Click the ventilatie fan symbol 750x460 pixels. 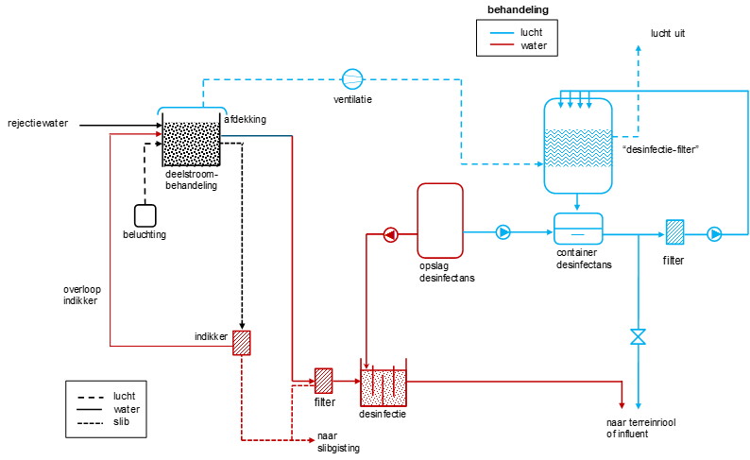tap(352, 79)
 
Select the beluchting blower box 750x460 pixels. tap(145, 215)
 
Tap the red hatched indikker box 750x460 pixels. tap(242, 343)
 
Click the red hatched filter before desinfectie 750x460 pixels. tap(323, 381)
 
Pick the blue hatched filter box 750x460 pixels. tap(674, 232)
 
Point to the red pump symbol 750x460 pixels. tap(391, 235)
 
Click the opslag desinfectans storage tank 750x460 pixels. tap(440, 220)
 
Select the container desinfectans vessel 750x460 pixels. tap(578, 229)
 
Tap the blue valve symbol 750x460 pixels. tap(639, 336)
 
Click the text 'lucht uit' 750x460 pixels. tap(668, 33)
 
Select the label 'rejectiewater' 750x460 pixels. tap(38, 124)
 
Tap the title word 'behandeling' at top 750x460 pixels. tap(518, 9)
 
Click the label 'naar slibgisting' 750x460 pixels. tap(338, 442)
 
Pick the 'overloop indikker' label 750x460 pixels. tap(82, 295)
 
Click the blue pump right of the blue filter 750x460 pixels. tap(714, 234)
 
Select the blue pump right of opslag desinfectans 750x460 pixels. tap(503, 232)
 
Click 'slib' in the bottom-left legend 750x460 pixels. tap(122, 422)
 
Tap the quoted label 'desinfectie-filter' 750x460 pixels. tap(660, 149)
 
